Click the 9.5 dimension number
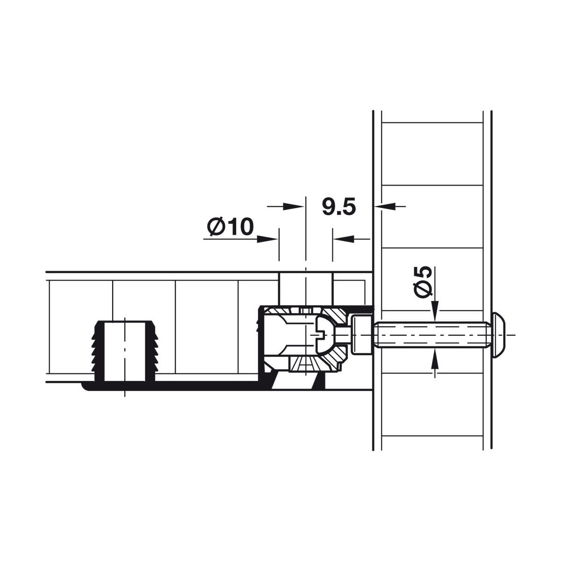[x=339, y=207]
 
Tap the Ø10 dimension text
[x=230, y=226]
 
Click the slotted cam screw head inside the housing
[x=324, y=335]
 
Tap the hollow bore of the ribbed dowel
[x=125, y=351]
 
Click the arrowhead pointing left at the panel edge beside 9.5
[x=385, y=207]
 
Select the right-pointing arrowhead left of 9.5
[x=294, y=207]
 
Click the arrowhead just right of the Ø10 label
[x=267, y=239]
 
